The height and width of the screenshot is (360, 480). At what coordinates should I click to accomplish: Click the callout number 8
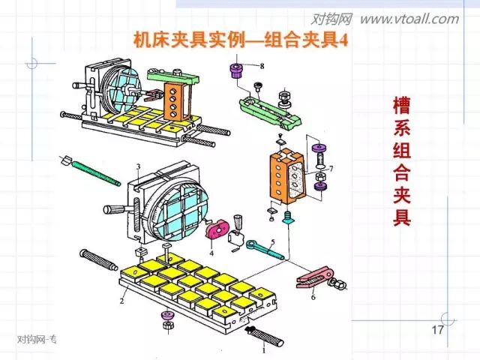tap(261, 67)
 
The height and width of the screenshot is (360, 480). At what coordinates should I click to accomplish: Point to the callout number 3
tap(138, 166)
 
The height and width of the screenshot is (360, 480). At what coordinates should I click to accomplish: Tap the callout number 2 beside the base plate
tap(121, 302)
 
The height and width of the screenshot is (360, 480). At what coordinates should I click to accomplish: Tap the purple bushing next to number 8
tap(235, 73)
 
